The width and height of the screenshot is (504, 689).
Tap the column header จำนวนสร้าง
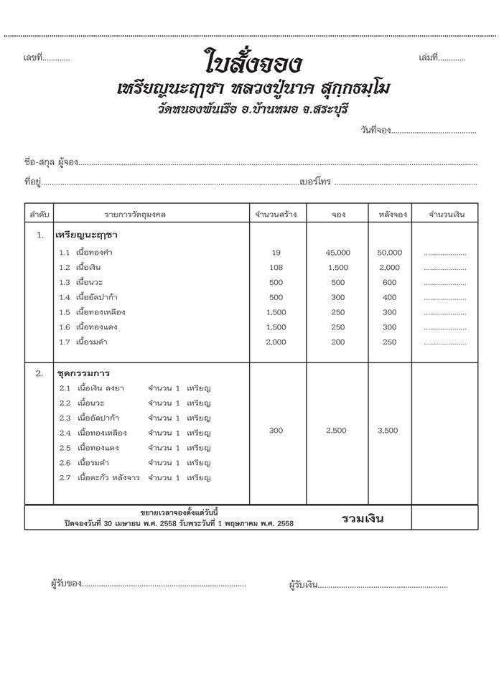[276, 215]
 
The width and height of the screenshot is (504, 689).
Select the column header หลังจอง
[389, 215]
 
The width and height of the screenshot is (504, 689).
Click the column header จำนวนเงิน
[447, 215]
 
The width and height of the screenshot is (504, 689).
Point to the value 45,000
[337, 253]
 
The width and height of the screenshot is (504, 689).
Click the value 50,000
[389, 253]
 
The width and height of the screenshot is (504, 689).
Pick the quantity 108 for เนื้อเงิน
[276, 268]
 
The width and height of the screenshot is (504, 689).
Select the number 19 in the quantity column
[276, 253]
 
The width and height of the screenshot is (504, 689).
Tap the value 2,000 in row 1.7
[276, 342]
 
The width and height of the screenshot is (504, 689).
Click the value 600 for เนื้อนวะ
[389, 283]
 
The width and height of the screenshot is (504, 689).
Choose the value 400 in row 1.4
[389, 298]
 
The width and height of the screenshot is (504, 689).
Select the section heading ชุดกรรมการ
[83, 373]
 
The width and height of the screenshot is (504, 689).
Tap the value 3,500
[389, 431]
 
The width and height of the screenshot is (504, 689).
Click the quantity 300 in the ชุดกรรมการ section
[276, 431]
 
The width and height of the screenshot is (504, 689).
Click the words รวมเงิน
[363, 518]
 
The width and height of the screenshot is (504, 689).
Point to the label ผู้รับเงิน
[303, 585]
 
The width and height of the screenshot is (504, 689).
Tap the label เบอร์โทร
[315, 182]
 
